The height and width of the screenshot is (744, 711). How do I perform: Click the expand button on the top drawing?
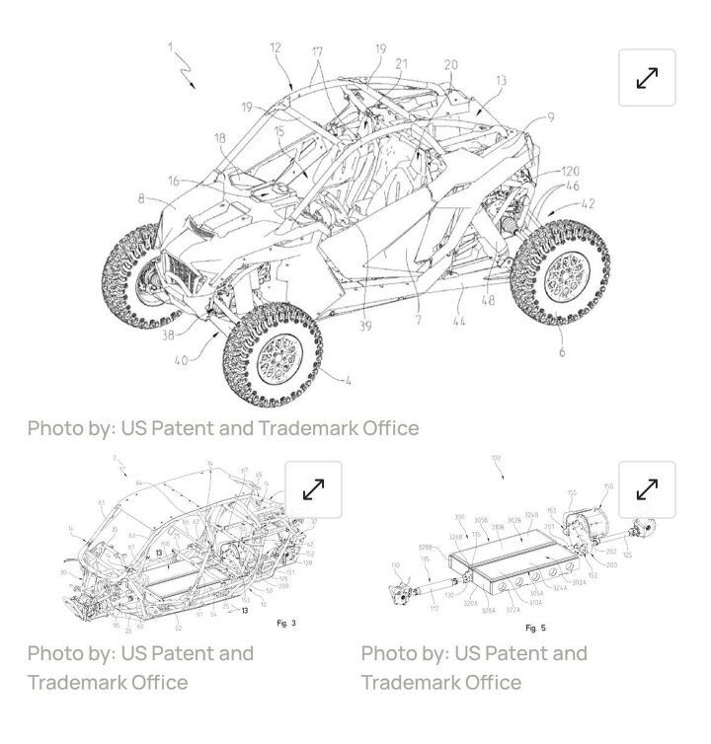pos(647,77)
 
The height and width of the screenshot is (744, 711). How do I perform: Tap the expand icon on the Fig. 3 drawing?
pos(313,489)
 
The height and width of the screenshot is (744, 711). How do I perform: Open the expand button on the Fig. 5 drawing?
pos(647,489)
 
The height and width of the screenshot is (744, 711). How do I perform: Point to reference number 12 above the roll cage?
pos(276,47)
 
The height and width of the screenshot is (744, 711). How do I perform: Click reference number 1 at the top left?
pos(170,45)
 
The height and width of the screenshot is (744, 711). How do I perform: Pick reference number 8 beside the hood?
pos(142,199)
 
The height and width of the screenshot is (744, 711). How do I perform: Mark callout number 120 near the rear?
pos(570,172)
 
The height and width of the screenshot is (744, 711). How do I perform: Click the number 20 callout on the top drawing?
pos(450,65)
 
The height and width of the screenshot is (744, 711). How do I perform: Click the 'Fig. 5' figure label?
pos(535,628)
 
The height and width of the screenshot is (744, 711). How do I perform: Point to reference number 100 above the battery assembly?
pos(496,459)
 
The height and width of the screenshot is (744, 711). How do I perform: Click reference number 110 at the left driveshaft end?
pos(397,565)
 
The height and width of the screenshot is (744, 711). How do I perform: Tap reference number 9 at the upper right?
pos(550,117)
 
